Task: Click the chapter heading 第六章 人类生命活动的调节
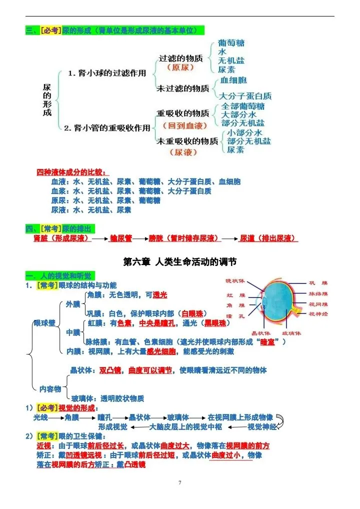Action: (180, 261)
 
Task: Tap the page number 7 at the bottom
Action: (180, 482)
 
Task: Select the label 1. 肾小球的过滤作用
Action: (107, 73)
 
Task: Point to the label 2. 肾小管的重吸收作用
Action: (107, 128)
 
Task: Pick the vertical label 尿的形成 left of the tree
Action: (47, 100)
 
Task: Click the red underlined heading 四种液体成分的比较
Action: (72, 172)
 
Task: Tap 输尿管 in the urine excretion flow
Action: (120, 238)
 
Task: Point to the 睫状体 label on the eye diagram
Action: (235, 281)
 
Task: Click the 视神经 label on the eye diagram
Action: (318, 314)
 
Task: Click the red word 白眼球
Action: (192, 313)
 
